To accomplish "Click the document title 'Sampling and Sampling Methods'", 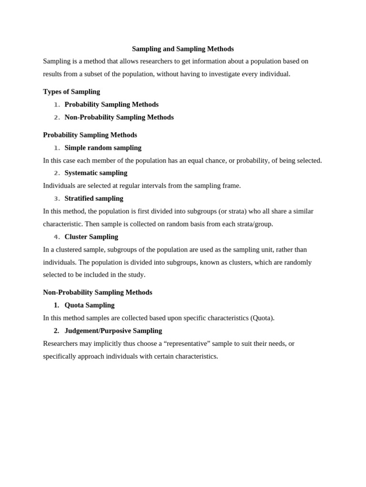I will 183,49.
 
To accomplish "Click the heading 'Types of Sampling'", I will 71,91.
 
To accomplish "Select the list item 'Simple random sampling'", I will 103,147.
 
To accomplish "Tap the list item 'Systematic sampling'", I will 96,173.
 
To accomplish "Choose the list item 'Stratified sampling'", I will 94,198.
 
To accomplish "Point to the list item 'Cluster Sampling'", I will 91,236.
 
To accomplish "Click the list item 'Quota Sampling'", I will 90,305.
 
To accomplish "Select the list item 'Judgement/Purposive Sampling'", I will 113,331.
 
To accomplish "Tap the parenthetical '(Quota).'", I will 263,318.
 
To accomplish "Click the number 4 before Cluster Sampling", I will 57,237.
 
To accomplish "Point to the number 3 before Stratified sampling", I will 57,199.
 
